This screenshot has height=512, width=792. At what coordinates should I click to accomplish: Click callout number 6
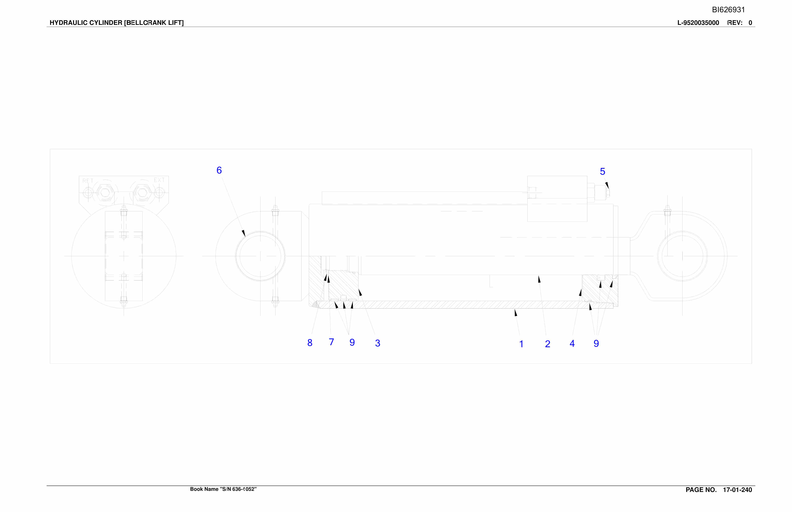point(219,170)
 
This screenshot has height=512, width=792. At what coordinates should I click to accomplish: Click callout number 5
point(602,171)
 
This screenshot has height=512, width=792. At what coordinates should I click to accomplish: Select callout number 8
point(310,343)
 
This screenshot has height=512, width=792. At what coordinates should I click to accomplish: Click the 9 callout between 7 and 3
point(352,342)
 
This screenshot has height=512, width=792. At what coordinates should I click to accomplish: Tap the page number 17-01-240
point(737,490)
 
